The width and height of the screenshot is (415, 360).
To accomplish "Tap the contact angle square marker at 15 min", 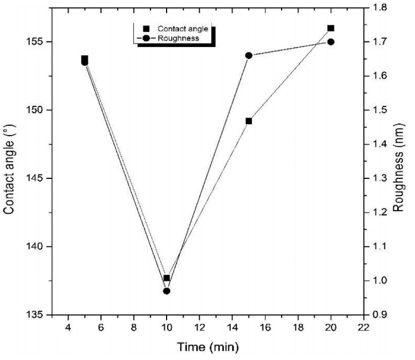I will [249, 121].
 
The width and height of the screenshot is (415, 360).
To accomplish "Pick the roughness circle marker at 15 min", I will [249, 55].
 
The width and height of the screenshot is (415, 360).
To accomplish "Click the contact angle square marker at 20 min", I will [331, 28].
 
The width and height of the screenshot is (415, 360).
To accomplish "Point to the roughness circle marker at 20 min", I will [331, 42].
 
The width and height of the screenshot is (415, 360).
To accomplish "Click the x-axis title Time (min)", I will [207, 348].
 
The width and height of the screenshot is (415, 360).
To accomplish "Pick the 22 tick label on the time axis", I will [364, 327].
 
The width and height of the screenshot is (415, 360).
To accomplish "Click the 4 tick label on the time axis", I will [69, 327].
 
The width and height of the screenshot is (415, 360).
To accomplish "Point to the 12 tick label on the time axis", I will [199, 327].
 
